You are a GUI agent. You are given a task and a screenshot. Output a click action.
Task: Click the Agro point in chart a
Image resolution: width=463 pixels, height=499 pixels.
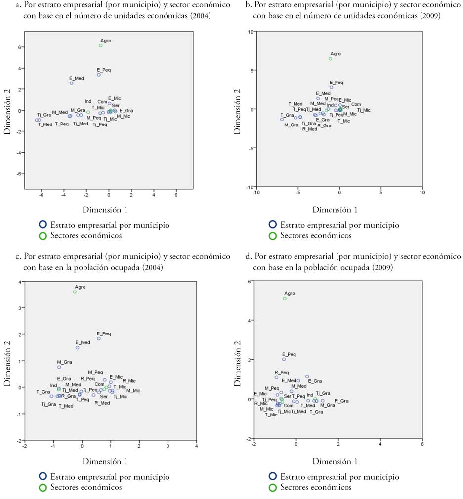pyautogui.click(x=101, y=45)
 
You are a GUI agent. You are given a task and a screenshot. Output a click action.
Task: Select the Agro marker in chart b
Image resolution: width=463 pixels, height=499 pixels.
pyautogui.click(x=331, y=59)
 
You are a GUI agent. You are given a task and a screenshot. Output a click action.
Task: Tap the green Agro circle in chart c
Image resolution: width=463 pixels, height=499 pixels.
pyautogui.click(x=75, y=292)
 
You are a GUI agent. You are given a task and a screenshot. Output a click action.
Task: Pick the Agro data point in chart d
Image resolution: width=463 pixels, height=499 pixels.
pyautogui.click(x=285, y=299)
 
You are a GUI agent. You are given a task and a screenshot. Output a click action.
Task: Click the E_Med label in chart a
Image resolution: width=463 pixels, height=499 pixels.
pyautogui.click(x=77, y=78)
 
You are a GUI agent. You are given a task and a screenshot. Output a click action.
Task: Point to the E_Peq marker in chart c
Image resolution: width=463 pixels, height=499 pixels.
pyautogui.click(x=99, y=338)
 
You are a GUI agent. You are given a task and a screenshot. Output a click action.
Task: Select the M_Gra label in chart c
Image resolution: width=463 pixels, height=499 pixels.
pyautogui.click(x=64, y=362)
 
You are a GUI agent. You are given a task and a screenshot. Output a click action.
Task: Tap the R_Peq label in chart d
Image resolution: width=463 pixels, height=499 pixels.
pyautogui.click(x=281, y=373)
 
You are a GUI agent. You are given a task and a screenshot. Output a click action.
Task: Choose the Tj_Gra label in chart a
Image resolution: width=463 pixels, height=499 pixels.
pyautogui.click(x=44, y=115)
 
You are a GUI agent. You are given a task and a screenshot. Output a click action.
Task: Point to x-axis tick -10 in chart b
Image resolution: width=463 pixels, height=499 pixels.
pyautogui.click(x=256, y=192)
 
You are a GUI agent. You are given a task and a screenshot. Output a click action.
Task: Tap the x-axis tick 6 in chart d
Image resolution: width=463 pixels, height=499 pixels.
pyautogui.click(x=422, y=444)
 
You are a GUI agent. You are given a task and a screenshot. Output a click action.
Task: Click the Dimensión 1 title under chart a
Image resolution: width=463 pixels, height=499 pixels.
pyautogui.click(x=105, y=209)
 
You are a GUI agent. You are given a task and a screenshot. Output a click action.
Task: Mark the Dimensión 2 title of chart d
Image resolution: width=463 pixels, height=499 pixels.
pyautogui.click(x=238, y=360)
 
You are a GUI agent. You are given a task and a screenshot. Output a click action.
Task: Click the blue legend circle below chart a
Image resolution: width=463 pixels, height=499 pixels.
pyautogui.click(x=43, y=225)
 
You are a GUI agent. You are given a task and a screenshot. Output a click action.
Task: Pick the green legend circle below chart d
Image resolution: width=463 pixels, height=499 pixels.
pyautogui.click(x=273, y=487)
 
